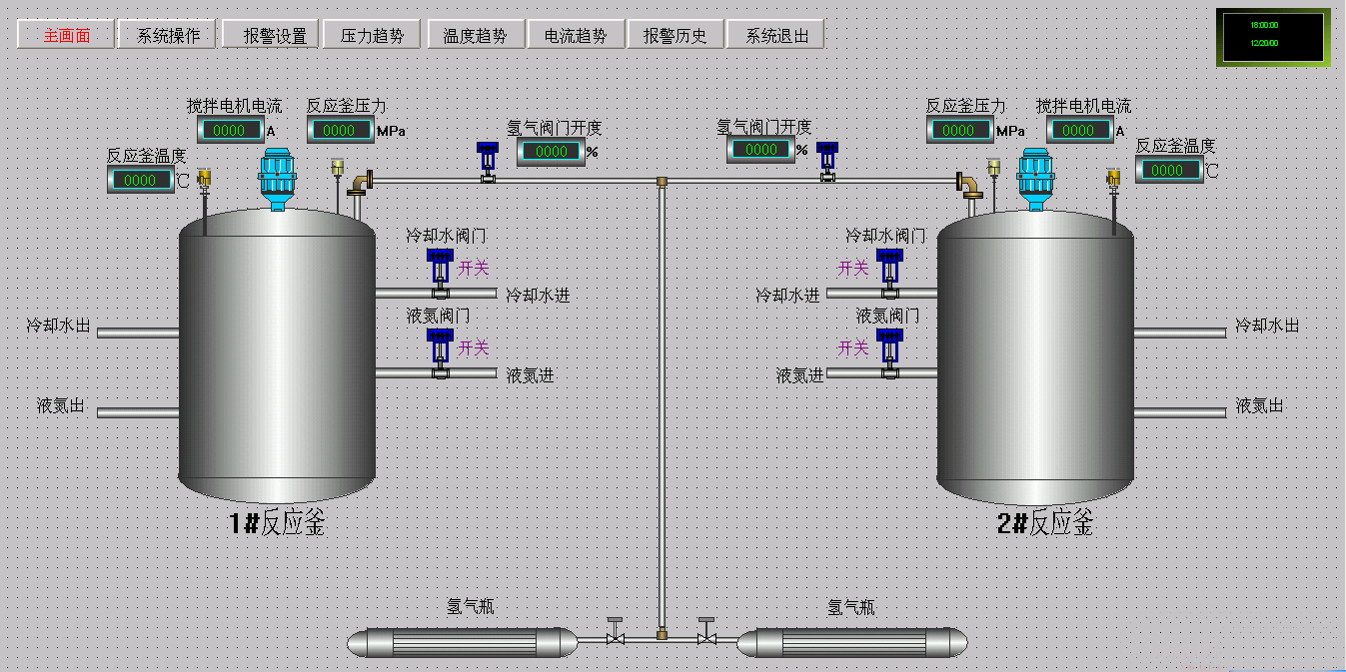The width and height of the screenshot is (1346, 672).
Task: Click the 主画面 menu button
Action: [66, 35]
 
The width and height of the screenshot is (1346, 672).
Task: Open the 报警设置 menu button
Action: [271, 35]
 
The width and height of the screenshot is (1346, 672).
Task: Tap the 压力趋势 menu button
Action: [372, 35]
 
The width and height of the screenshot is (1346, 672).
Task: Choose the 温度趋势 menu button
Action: [475, 35]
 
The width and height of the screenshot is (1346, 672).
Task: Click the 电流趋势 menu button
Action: [575, 35]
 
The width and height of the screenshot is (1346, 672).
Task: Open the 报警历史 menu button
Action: [674, 35]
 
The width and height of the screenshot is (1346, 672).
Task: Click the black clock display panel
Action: [1272, 37]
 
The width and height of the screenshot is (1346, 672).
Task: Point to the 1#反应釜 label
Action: [277, 522]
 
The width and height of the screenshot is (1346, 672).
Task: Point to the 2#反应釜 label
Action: [1045, 522]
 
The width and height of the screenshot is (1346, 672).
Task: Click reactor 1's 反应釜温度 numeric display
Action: [140, 180]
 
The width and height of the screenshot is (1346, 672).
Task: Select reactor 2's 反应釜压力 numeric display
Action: [959, 130]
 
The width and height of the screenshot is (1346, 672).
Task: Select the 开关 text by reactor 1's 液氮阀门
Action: [474, 347]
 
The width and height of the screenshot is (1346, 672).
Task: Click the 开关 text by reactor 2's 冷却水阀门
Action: [853, 268]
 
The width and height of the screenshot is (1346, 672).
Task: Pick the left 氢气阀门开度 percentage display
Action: [551, 152]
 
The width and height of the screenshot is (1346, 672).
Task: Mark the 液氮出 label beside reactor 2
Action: [1259, 405]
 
